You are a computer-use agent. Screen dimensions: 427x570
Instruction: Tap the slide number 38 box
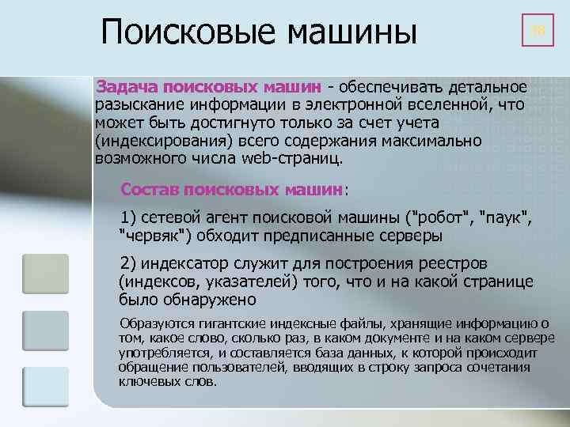(538, 32)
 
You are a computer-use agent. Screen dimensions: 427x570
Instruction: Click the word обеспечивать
(395, 85)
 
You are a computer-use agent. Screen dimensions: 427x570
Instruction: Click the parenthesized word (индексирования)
(155, 140)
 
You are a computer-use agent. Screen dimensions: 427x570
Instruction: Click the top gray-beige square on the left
(45, 274)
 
